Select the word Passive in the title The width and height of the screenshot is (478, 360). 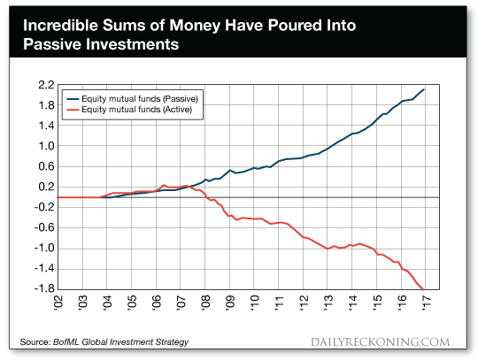click(52, 44)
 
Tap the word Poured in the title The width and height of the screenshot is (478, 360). click(295, 26)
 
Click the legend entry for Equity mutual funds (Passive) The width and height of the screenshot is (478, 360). click(133, 99)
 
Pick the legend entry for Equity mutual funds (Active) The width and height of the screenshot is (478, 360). click(129, 110)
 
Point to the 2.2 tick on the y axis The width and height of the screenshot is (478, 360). click(46, 85)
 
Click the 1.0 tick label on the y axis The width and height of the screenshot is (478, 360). click(46, 146)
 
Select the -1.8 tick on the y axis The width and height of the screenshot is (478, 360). click(44, 288)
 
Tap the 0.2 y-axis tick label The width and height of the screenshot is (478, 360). click(46, 187)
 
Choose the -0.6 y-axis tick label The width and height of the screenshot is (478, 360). click(44, 227)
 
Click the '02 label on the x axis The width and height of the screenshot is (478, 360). click(58, 303)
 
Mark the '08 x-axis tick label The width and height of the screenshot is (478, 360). click(205, 303)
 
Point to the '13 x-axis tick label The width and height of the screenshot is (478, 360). click(328, 303)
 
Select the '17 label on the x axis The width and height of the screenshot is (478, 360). click(426, 303)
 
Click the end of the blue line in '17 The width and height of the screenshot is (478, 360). click(424, 89)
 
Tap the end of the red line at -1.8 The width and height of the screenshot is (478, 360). click(423, 289)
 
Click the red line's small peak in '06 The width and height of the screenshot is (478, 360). click(164, 185)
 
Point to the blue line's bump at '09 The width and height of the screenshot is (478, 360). click(230, 170)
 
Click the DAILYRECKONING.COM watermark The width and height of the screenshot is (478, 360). click(380, 342)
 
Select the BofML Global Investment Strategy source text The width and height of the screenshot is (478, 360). click(120, 342)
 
